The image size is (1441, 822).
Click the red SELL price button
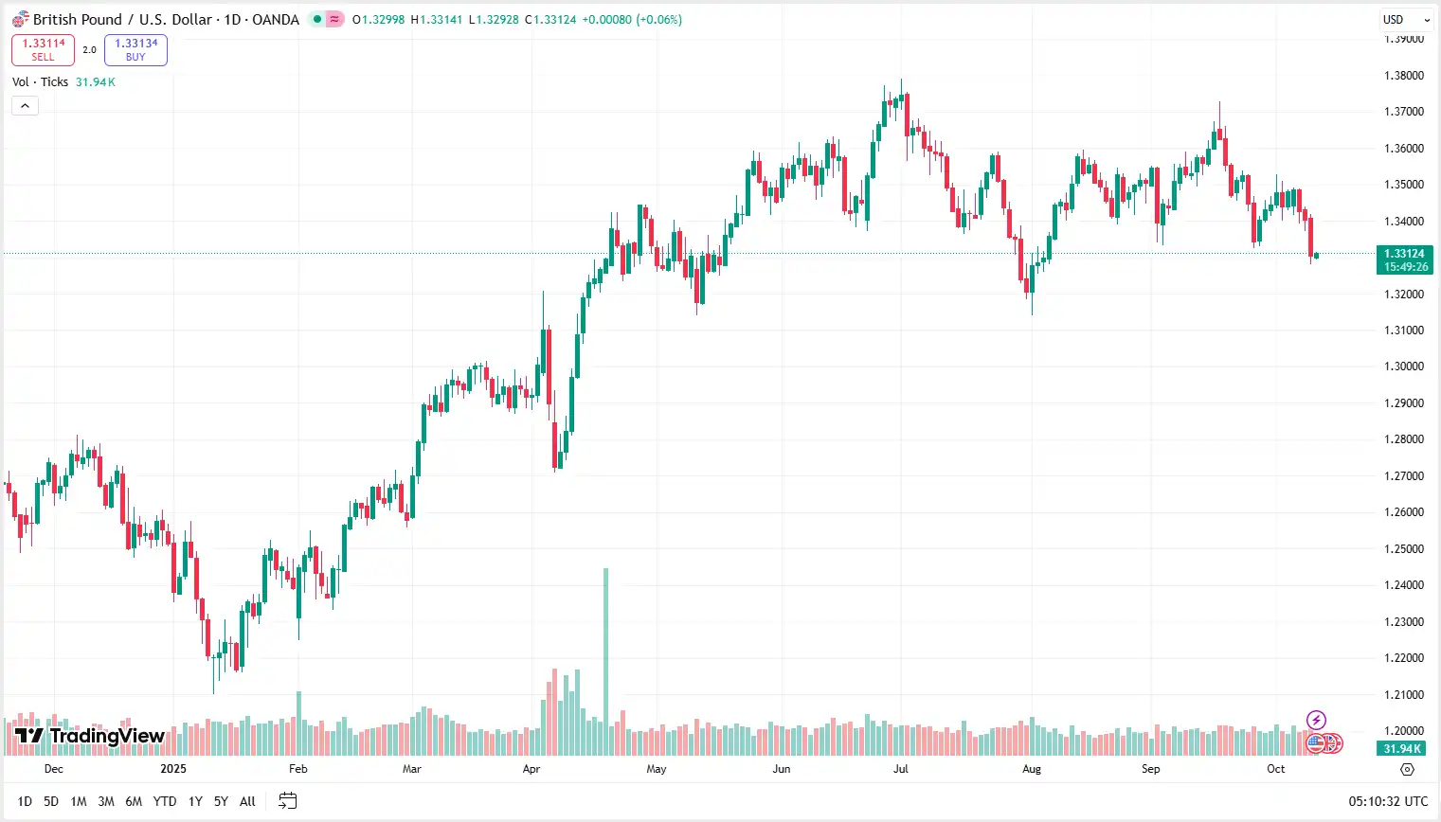43,49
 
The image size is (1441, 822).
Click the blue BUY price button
135,49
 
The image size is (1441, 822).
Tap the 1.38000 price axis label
1403,76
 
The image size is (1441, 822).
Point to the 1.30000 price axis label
1403,366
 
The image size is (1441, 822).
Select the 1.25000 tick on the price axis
1403,549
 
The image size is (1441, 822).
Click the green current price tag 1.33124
1404,259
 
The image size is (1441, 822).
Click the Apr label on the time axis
531,769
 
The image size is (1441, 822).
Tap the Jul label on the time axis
901,769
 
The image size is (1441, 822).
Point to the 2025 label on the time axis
173,769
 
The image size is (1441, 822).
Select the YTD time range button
165,801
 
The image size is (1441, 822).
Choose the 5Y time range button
221,801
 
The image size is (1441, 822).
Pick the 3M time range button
106,801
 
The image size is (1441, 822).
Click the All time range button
247,801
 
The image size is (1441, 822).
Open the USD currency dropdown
1405,19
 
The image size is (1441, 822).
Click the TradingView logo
90,736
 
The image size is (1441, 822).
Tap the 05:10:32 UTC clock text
1388,801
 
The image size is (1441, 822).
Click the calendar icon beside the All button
288,801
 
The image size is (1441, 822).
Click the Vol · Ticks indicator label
40,82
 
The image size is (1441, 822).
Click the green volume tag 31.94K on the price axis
1402,748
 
